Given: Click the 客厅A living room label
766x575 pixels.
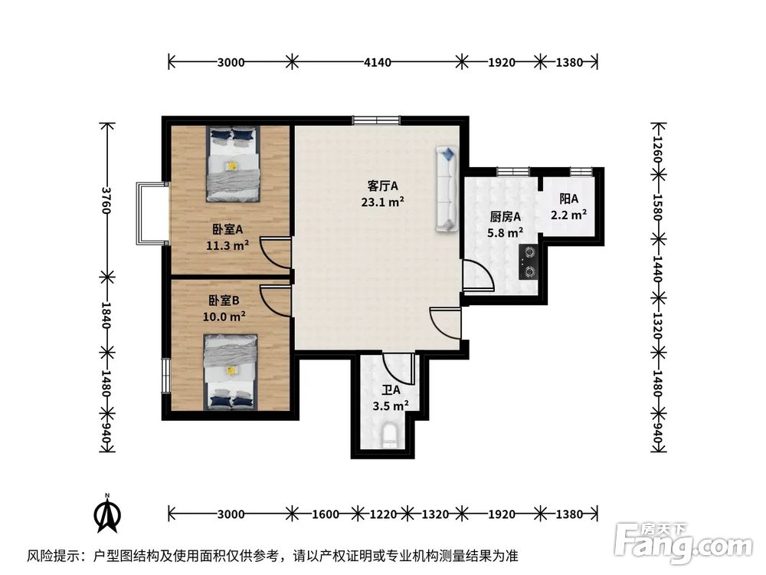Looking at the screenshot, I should coord(383,186).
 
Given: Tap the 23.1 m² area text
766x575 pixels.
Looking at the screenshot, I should coord(383,202).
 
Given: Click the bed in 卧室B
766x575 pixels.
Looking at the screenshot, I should coord(231,372).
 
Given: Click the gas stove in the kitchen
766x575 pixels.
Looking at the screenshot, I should coord(529,261).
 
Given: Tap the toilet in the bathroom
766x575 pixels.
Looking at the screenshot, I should coord(390,435).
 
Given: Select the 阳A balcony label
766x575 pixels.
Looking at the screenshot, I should coord(569,199).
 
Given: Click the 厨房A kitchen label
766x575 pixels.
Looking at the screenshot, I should coord(506,216).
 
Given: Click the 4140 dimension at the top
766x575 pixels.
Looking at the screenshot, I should coord(376,62).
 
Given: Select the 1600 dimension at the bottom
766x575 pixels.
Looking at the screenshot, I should coord(324,514).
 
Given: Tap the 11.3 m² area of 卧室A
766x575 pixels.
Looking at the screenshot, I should coord(228,245).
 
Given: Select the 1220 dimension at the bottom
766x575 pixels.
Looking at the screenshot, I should coord(382,514).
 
